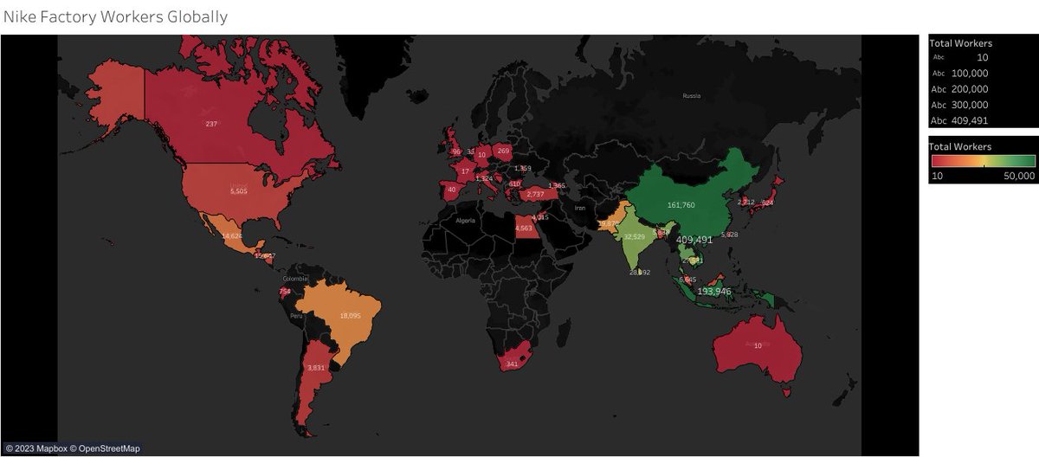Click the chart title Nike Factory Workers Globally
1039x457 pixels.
coord(115,16)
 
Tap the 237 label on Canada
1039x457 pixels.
coord(211,124)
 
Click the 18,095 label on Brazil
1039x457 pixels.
coord(351,316)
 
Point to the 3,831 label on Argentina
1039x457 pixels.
coord(316,368)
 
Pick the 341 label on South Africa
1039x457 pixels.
coord(512,364)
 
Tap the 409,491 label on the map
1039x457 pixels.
coord(694,240)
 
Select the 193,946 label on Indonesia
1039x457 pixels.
coord(714,292)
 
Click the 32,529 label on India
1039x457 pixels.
coord(636,236)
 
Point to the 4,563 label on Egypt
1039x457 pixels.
coord(524,228)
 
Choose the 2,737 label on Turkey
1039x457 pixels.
coord(535,194)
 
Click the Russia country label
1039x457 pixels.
coord(691,96)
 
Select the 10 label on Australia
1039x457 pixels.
coord(758,345)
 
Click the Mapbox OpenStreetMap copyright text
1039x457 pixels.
coord(72,448)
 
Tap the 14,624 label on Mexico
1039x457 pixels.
coord(232,235)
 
